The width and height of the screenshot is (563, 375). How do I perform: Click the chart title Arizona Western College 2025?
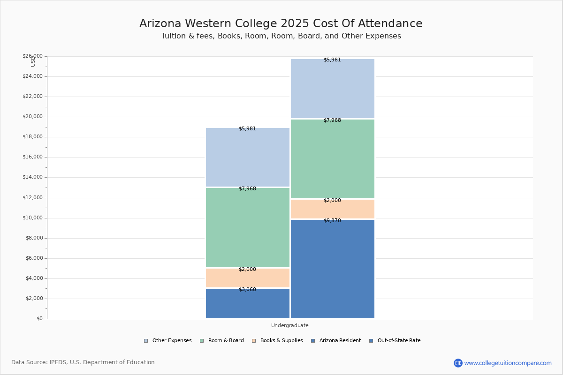click(x=281, y=24)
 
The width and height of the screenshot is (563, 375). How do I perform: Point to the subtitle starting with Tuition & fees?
click(x=281, y=36)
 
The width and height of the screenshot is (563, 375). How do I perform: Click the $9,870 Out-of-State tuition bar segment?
click(x=333, y=270)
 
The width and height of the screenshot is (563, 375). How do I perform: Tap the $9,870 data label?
click(x=332, y=221)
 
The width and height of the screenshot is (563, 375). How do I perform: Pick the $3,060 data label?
click(x=247, y=290)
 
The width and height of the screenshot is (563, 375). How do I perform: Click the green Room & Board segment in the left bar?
click(x=248, y=228)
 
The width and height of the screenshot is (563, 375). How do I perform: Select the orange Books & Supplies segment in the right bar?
click(x=333, y=209)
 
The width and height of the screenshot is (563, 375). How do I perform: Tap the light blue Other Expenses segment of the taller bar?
click(x=333, y=89)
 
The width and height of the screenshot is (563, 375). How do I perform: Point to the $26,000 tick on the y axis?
click(x=32, y=56)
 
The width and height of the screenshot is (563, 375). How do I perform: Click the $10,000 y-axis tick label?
click(x=32, y=218)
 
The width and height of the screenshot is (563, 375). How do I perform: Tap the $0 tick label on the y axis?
click(x=39, y=319)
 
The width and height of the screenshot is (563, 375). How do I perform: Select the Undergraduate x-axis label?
click(x=289, y=325)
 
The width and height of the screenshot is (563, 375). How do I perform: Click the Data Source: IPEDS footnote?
click(x=83, y=362)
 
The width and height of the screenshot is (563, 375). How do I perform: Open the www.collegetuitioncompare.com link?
click(x=508, y=363)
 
